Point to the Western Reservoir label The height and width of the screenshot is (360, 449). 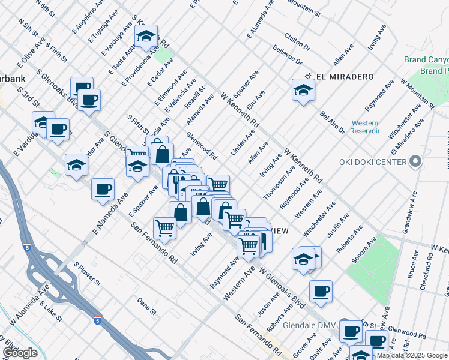coord(365,127)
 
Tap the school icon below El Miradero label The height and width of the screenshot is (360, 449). coord(303,91)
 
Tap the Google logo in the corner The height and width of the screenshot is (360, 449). coord(20,353)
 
